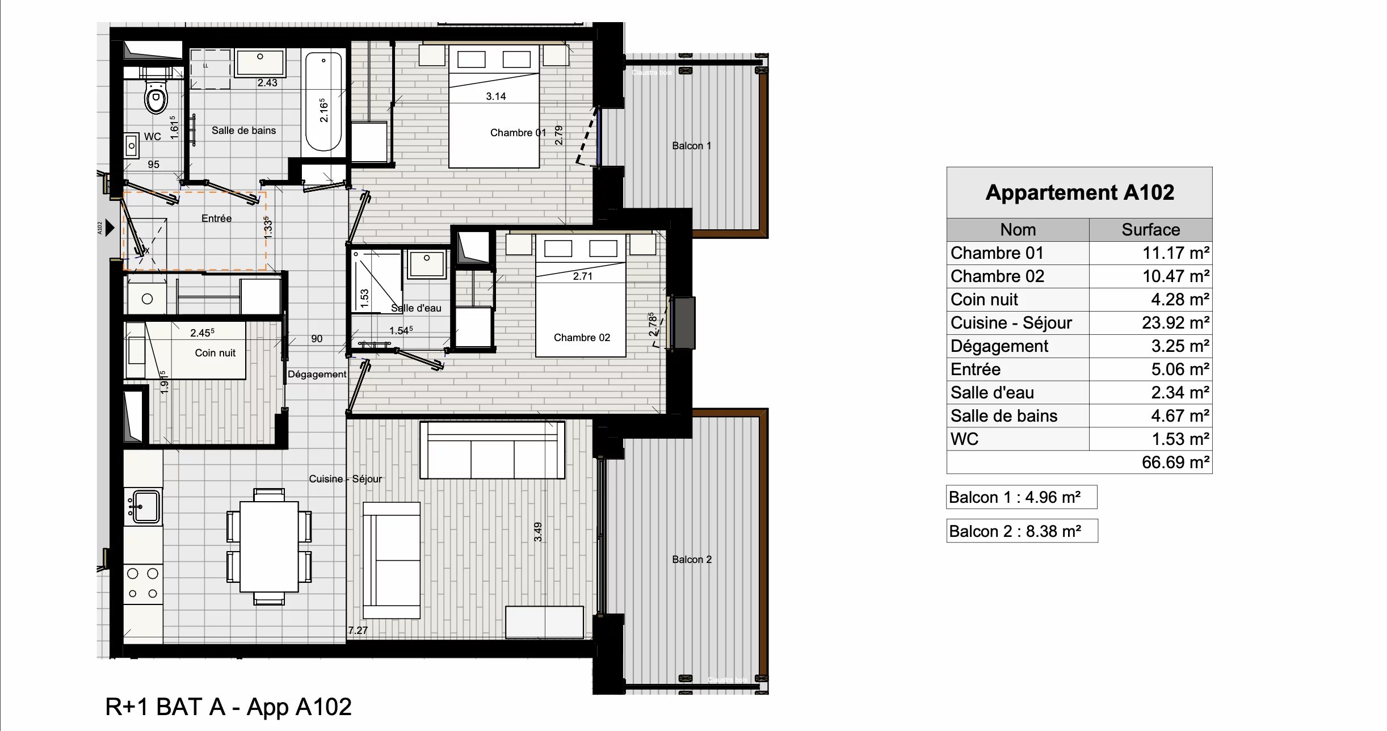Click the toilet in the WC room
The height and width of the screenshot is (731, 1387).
[x=156, y=98]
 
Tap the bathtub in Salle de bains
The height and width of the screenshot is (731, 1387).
[x=324, y=101]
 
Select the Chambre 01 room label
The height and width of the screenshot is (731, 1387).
[x=518, y=133]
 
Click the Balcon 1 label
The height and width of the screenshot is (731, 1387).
[x=691, y=146]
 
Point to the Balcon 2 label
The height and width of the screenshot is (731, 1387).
[x=691, y=560]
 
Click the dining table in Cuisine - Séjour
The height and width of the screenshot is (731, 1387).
[x=269, y=547]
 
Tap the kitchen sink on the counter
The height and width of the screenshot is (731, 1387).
[x=145, y=506]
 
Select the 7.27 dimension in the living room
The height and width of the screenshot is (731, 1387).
[x=358, y=630]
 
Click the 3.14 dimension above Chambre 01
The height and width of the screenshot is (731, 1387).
[x=495, y=96]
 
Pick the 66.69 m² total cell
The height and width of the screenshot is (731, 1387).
[x=1175, y=463]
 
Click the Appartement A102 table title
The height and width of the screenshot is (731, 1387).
[x=1079, y=192]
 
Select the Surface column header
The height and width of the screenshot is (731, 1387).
[x=1150, y=230]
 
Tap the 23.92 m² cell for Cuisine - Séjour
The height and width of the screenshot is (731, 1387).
[x=1175, y=323]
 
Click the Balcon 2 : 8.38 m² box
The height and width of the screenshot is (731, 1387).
[x=1022, y=531]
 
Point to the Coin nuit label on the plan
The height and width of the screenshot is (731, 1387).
[x=215, y=353]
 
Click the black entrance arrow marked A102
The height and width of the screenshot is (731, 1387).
[x=110, y=228]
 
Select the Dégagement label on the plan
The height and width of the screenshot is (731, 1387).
[x=317, y=374]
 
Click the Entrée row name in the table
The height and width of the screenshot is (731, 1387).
[x=976, y=369]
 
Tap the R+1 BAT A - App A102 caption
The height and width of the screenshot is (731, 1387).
[x=228, y=707]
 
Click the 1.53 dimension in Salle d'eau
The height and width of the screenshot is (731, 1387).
[x=364, y=298]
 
